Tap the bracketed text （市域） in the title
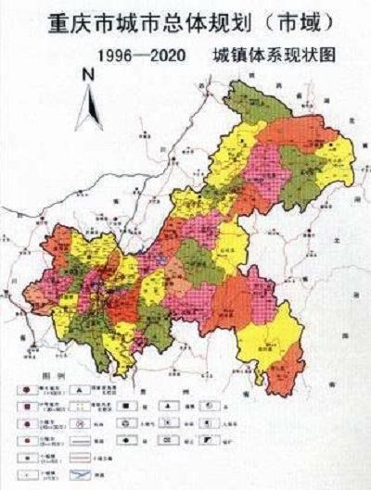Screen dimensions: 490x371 (x=296, y=19)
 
